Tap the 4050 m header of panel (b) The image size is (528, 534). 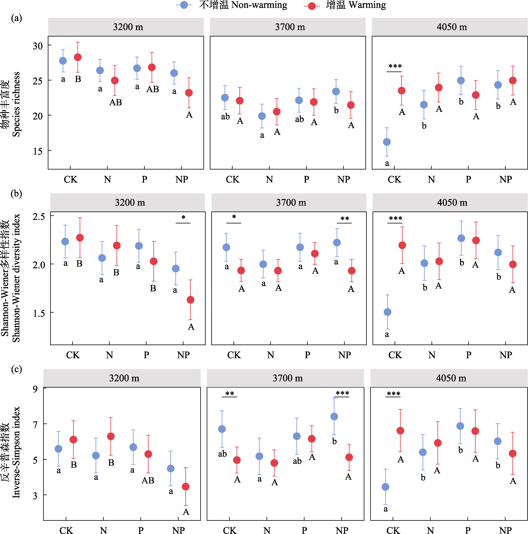[452, 203]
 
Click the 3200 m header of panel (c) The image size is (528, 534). [124, 378]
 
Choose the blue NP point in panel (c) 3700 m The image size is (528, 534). [334, 416]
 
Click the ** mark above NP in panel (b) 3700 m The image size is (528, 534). [345, 219]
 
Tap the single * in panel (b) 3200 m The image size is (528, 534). [183, 217]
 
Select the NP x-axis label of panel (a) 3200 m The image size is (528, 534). [182, 180]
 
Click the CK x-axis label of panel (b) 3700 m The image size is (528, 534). [234, 355]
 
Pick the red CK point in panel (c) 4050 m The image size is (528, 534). [400, 431]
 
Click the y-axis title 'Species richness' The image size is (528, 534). [16, 104]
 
